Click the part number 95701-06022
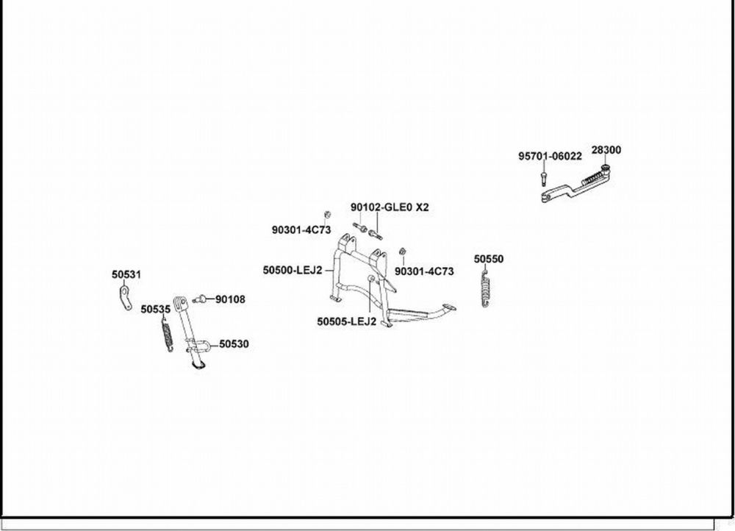coord(550,156)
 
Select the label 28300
coord(606,150)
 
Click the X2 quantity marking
coord(422,207)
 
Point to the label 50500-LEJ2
coord(293,270)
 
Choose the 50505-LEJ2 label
coord(347,321)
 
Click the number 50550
coord(489,259)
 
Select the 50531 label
coord(126,274)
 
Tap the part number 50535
coord(156,310)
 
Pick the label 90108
coord(230,299)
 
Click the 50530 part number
coord(234,343)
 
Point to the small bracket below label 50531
coord(125,299)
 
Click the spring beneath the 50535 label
coord(167,335)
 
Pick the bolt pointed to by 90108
coord(198,299)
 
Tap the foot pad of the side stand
coord(197,365)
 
